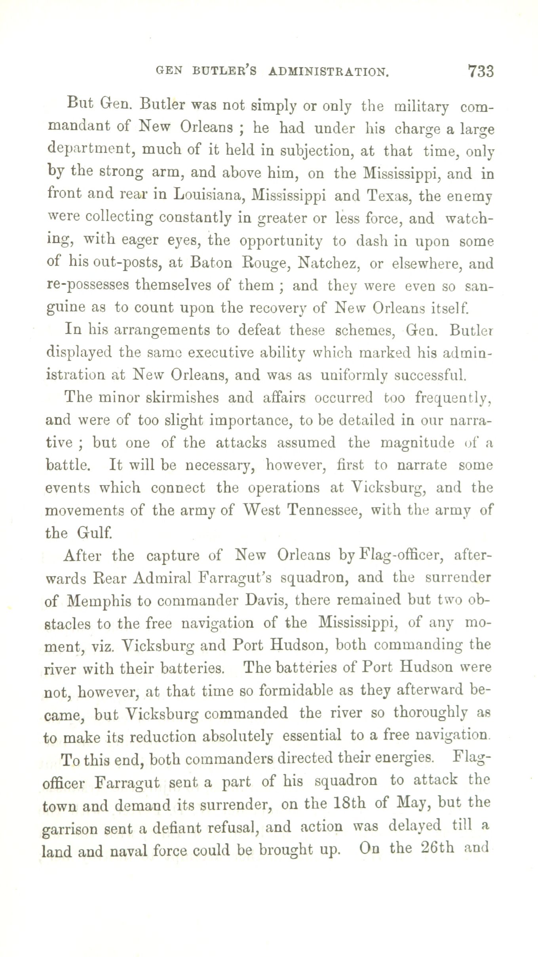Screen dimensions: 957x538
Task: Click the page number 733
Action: click(x=481, y=71)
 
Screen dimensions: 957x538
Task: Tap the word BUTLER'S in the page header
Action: click(x=224, y=71)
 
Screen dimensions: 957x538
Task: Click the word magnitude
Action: click(x=417, y=443)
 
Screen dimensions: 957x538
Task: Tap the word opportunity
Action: click(x=281, y=241)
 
